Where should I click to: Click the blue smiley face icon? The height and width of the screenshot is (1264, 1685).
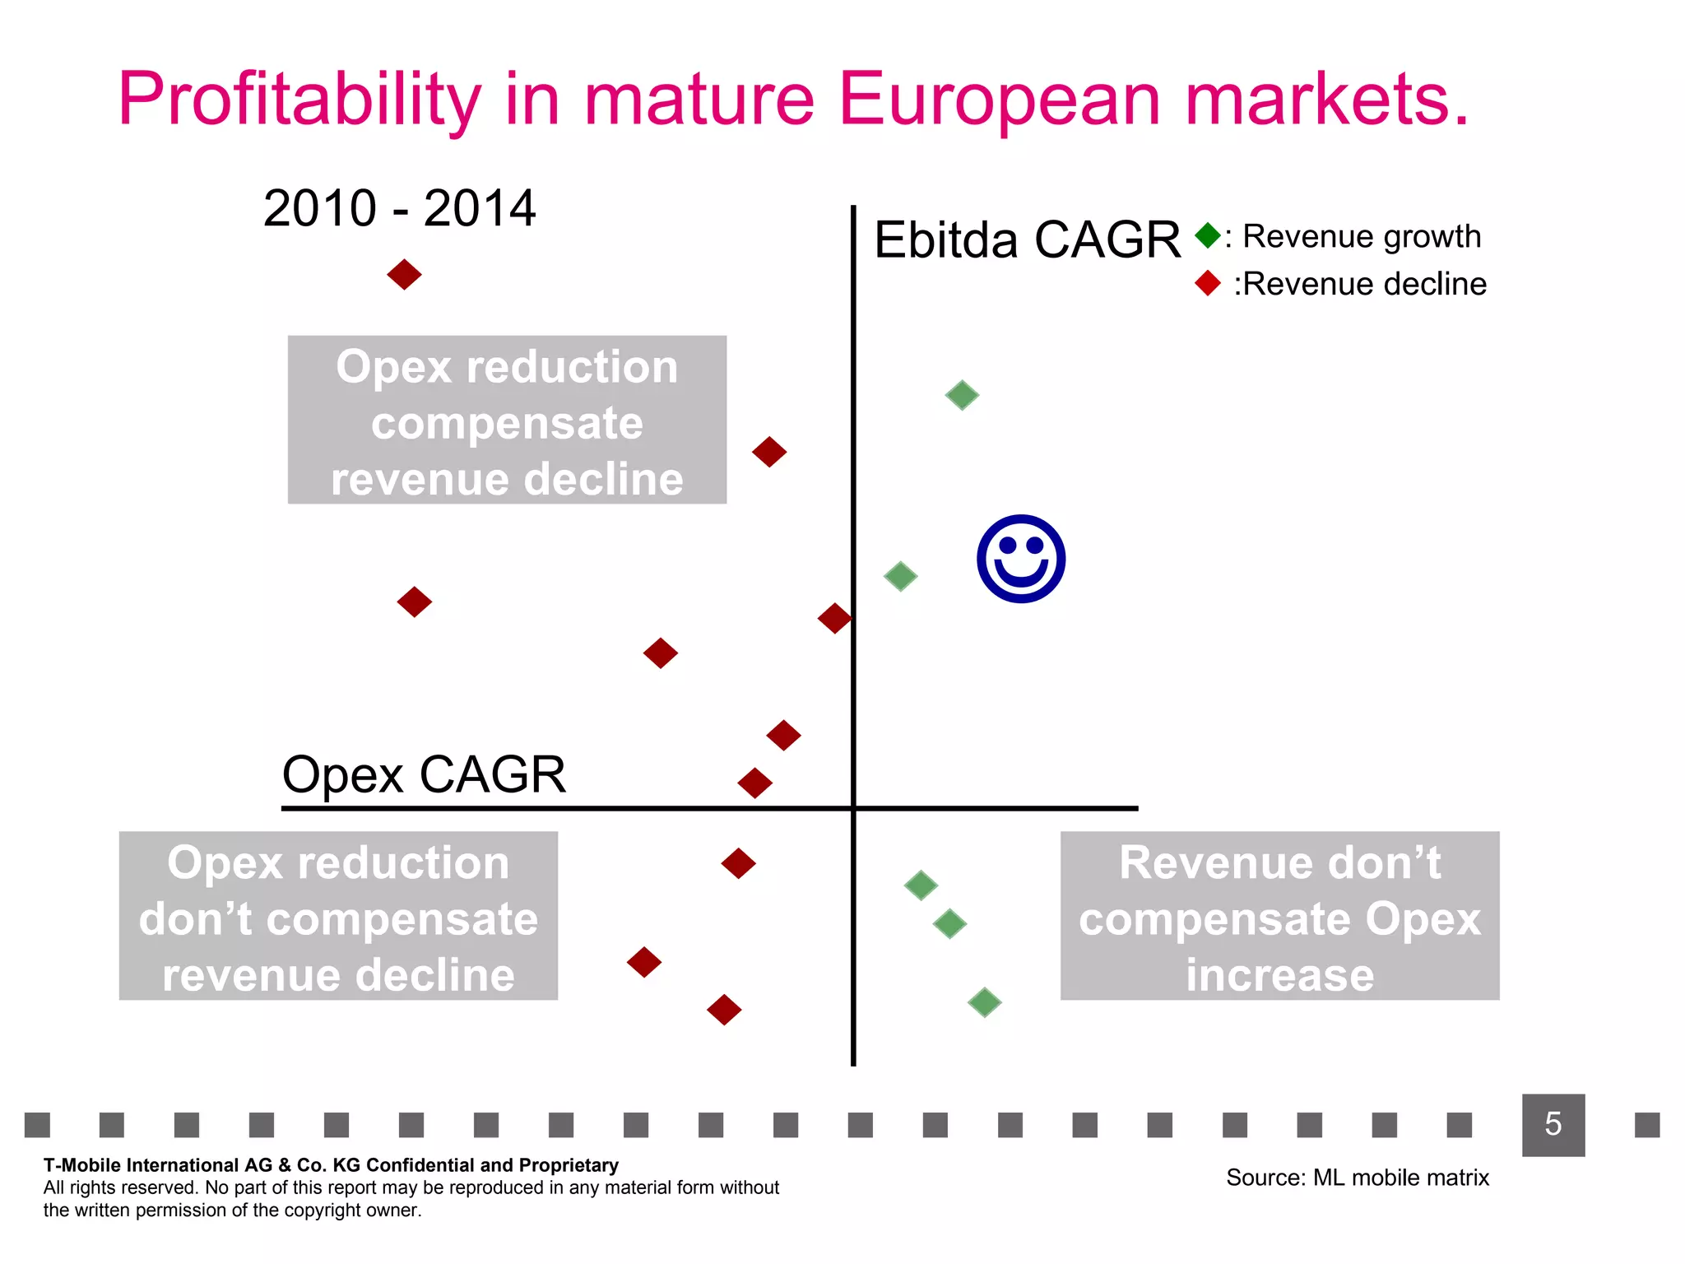click(x=1021, y=559)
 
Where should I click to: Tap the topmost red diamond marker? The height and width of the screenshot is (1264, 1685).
click(x=404, y=274)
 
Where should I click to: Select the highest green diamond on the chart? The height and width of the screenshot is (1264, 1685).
click(x=962, y=395)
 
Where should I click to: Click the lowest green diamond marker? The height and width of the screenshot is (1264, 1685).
click(x=984, y=1002)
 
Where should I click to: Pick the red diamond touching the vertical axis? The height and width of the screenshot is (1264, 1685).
click(x=834, y=618)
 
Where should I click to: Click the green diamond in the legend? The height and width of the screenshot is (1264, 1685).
click(x=1208, y=235)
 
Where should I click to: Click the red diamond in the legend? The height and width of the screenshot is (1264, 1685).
click(x=1208, y=283)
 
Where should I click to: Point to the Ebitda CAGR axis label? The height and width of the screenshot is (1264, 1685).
click(x=1026, y=239)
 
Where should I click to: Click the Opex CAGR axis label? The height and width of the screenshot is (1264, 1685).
click(x=424, y=774)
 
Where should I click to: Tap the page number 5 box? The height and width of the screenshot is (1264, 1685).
click(x=1553, y=1124)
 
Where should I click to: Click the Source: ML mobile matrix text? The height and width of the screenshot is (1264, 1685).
click(x=1357, y=1178)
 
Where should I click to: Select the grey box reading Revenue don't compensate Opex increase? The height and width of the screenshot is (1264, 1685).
click(x=1279, y=916)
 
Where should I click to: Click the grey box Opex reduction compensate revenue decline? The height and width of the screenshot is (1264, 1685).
click(x=507, y=420)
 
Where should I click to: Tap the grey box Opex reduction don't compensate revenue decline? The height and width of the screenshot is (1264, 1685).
click(x=338, y=916)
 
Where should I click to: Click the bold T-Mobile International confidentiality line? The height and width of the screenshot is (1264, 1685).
click(x=331, y=1165)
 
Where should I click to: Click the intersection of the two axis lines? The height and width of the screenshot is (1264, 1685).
click(x=853, y=808)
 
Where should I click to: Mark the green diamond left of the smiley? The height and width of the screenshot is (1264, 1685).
click(x=900, y=576)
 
